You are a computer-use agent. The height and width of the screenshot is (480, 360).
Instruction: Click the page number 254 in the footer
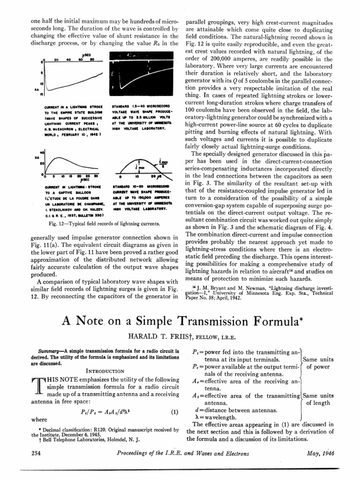tap(36, 454)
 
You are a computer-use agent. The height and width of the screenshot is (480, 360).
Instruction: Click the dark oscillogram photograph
tap(142, 75)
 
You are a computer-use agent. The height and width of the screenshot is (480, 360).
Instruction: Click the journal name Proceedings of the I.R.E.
tap(150, 454)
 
